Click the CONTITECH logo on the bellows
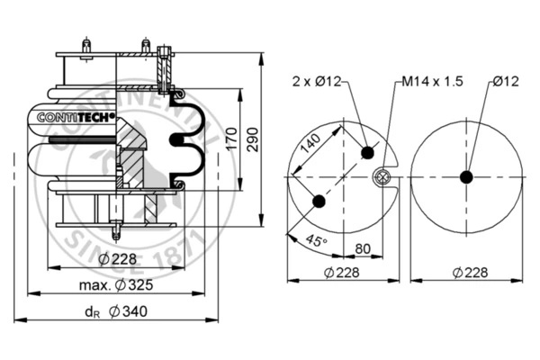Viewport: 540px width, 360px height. [x=76, y=117]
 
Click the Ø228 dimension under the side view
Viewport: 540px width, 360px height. [x=116, y=260]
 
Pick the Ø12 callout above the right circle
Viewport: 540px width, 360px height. [x=506, y=81]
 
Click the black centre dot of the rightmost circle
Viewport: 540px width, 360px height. [x=465, y=176]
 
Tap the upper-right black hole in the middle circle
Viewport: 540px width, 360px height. [x=367, y=153]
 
